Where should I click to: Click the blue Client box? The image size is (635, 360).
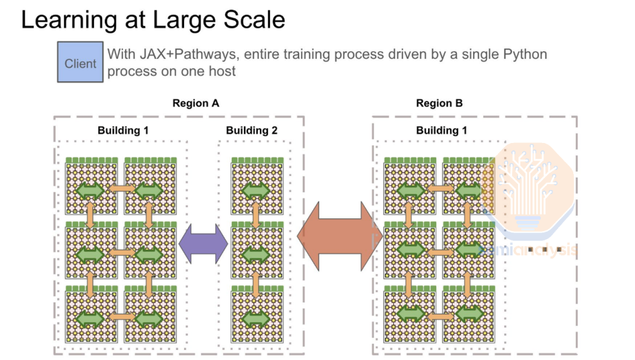click(x=80, y=62)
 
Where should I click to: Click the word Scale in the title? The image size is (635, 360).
click(x=249, y=20)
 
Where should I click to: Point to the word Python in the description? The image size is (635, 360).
click(x=525, y=55)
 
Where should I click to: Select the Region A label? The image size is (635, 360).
click(x=196, y=104)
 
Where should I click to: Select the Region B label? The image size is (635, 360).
click(x=439, y=104)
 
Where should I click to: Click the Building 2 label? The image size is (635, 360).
click(x=252, y=131)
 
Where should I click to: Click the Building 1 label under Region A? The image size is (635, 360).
click(x=123, y=131)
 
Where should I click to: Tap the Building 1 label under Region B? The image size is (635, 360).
click(x=442, y=131)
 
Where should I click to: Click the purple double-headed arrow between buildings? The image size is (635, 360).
click(x=203, y=242)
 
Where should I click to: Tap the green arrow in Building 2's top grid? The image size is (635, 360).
click(x=256, y=191)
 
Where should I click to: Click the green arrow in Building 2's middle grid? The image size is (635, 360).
click(x=256, y=254)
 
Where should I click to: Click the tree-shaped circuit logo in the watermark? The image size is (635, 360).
click(x=527, y=179)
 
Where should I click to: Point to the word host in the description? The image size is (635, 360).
click(x=221, y=72)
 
